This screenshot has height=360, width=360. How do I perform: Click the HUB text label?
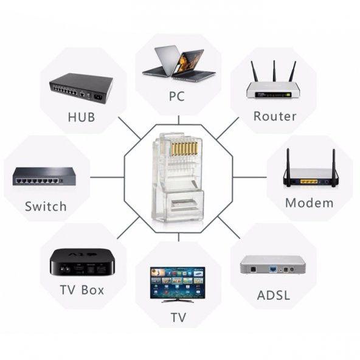pyautogui.click(x=82, y=117)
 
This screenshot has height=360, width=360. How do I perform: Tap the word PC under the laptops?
pyautogui.click(x=177, y=96)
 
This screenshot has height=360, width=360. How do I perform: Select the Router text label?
pyautogui.click(x=275, y=116)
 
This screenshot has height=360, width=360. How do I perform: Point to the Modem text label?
pyautogui.click(x=309, y=203)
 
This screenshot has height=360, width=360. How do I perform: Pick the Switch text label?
pyautogui.click(x=46, y=206)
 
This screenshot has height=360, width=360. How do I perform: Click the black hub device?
pyautogui.click(x=81, y=88)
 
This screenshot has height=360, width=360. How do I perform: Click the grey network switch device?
pyautogui.click(x=44, y=178)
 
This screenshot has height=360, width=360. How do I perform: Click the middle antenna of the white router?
pyautogui.click(x=274, y=71)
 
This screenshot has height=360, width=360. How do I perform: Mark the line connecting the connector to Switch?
pyautogui.click(x=106, y=178)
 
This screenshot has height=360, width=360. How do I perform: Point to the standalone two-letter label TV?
pyautogui.click(x=178, y=318)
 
